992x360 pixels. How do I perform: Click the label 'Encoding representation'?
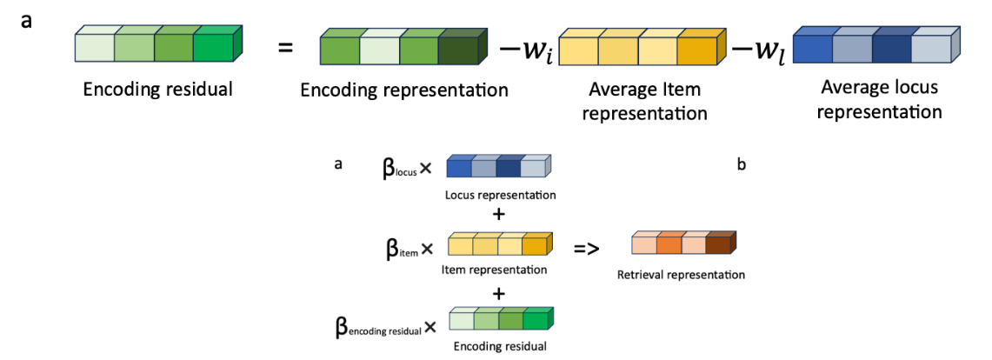403,90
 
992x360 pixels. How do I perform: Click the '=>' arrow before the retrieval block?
588,249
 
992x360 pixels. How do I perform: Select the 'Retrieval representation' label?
681,276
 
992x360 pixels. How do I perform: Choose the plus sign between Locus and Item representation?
499,214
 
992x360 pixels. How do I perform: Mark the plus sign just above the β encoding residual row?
499,295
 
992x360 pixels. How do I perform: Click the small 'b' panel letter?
741,163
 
